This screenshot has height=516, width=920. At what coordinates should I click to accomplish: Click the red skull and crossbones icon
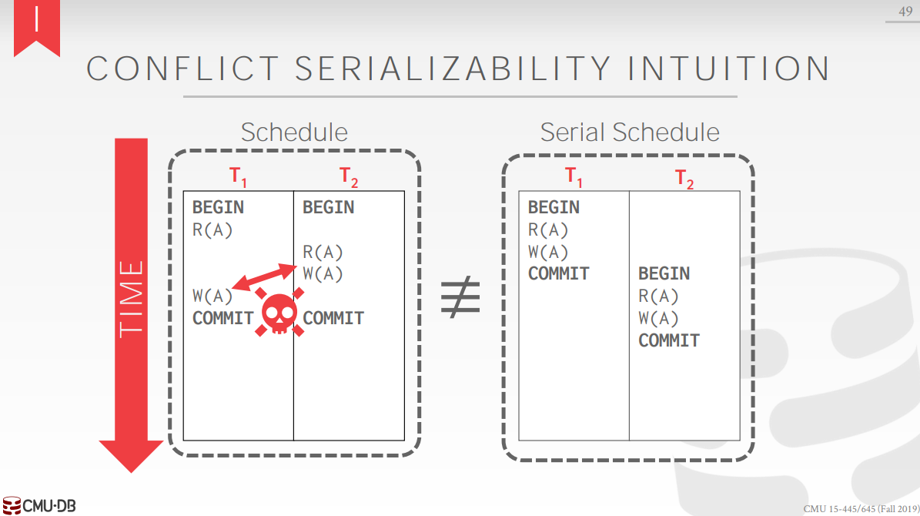[279, 313]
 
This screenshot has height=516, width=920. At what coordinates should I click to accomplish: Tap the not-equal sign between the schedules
[460, 297]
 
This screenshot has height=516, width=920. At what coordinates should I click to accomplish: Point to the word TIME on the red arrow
[132, 298]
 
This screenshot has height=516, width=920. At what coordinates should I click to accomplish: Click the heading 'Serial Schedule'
[629, 132]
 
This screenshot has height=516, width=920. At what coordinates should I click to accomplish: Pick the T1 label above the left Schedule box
[239, 176]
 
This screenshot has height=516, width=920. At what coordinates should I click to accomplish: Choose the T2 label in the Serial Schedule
[684, 179]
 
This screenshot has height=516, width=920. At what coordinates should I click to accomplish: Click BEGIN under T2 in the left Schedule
[329, 207]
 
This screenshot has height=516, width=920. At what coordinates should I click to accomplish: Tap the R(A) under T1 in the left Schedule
[212, 230]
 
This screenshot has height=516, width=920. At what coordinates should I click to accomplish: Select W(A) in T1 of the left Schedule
[212, 296]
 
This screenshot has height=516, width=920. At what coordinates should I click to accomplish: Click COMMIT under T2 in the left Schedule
[333, 318]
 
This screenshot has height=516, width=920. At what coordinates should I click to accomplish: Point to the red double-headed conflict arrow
[265, 277]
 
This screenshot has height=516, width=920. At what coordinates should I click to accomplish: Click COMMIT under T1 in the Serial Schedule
[559, 273]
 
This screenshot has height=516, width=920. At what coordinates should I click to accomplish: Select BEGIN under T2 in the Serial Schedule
[664, 273]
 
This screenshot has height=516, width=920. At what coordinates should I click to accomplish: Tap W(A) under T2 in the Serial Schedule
[658, 318]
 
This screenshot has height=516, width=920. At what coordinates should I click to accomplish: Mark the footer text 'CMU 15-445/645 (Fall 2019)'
[860, 509]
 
